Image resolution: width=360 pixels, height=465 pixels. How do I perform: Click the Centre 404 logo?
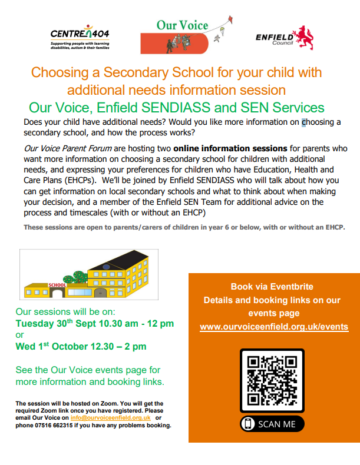tap(80, 36)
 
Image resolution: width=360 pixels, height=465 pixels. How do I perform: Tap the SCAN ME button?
tap(272, 424)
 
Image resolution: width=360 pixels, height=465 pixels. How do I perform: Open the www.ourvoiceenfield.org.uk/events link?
tap(274, 327)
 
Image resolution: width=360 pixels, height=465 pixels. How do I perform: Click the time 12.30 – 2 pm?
tap(124, 346)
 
